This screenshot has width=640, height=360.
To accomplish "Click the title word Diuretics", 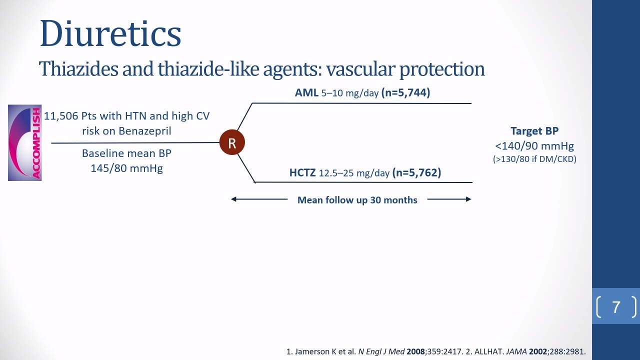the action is pos(110,33).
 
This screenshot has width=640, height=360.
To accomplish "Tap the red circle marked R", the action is pos(232,142).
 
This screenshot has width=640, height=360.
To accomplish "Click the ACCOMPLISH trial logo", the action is pos(25,142).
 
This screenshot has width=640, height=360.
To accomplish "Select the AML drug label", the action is pos(306,92).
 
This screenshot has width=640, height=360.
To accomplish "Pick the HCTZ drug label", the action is pos(302,172).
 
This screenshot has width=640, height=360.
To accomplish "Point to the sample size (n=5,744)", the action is pos(405,92).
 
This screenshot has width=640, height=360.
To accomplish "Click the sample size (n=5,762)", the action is pos(417,172).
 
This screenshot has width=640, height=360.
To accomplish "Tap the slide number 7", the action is pos(616,307).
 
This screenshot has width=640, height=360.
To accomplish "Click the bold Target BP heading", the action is pos(534,131).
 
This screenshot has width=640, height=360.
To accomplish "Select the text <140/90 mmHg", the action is pos(534,146).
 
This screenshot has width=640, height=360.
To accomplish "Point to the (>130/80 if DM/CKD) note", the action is pos(534,159).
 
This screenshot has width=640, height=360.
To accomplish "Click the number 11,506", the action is pos(61,116).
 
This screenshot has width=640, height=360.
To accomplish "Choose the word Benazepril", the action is pos(145,131).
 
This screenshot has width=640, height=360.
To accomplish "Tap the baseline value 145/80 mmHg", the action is pos(127,168).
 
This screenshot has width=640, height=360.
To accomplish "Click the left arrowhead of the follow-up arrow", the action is pos(233,199).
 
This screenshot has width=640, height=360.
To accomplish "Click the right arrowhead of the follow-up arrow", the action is pos(468,199).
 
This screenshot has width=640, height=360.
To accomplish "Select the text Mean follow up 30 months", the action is pos(357,200).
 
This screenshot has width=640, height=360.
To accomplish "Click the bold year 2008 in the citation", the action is pos(415,351).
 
